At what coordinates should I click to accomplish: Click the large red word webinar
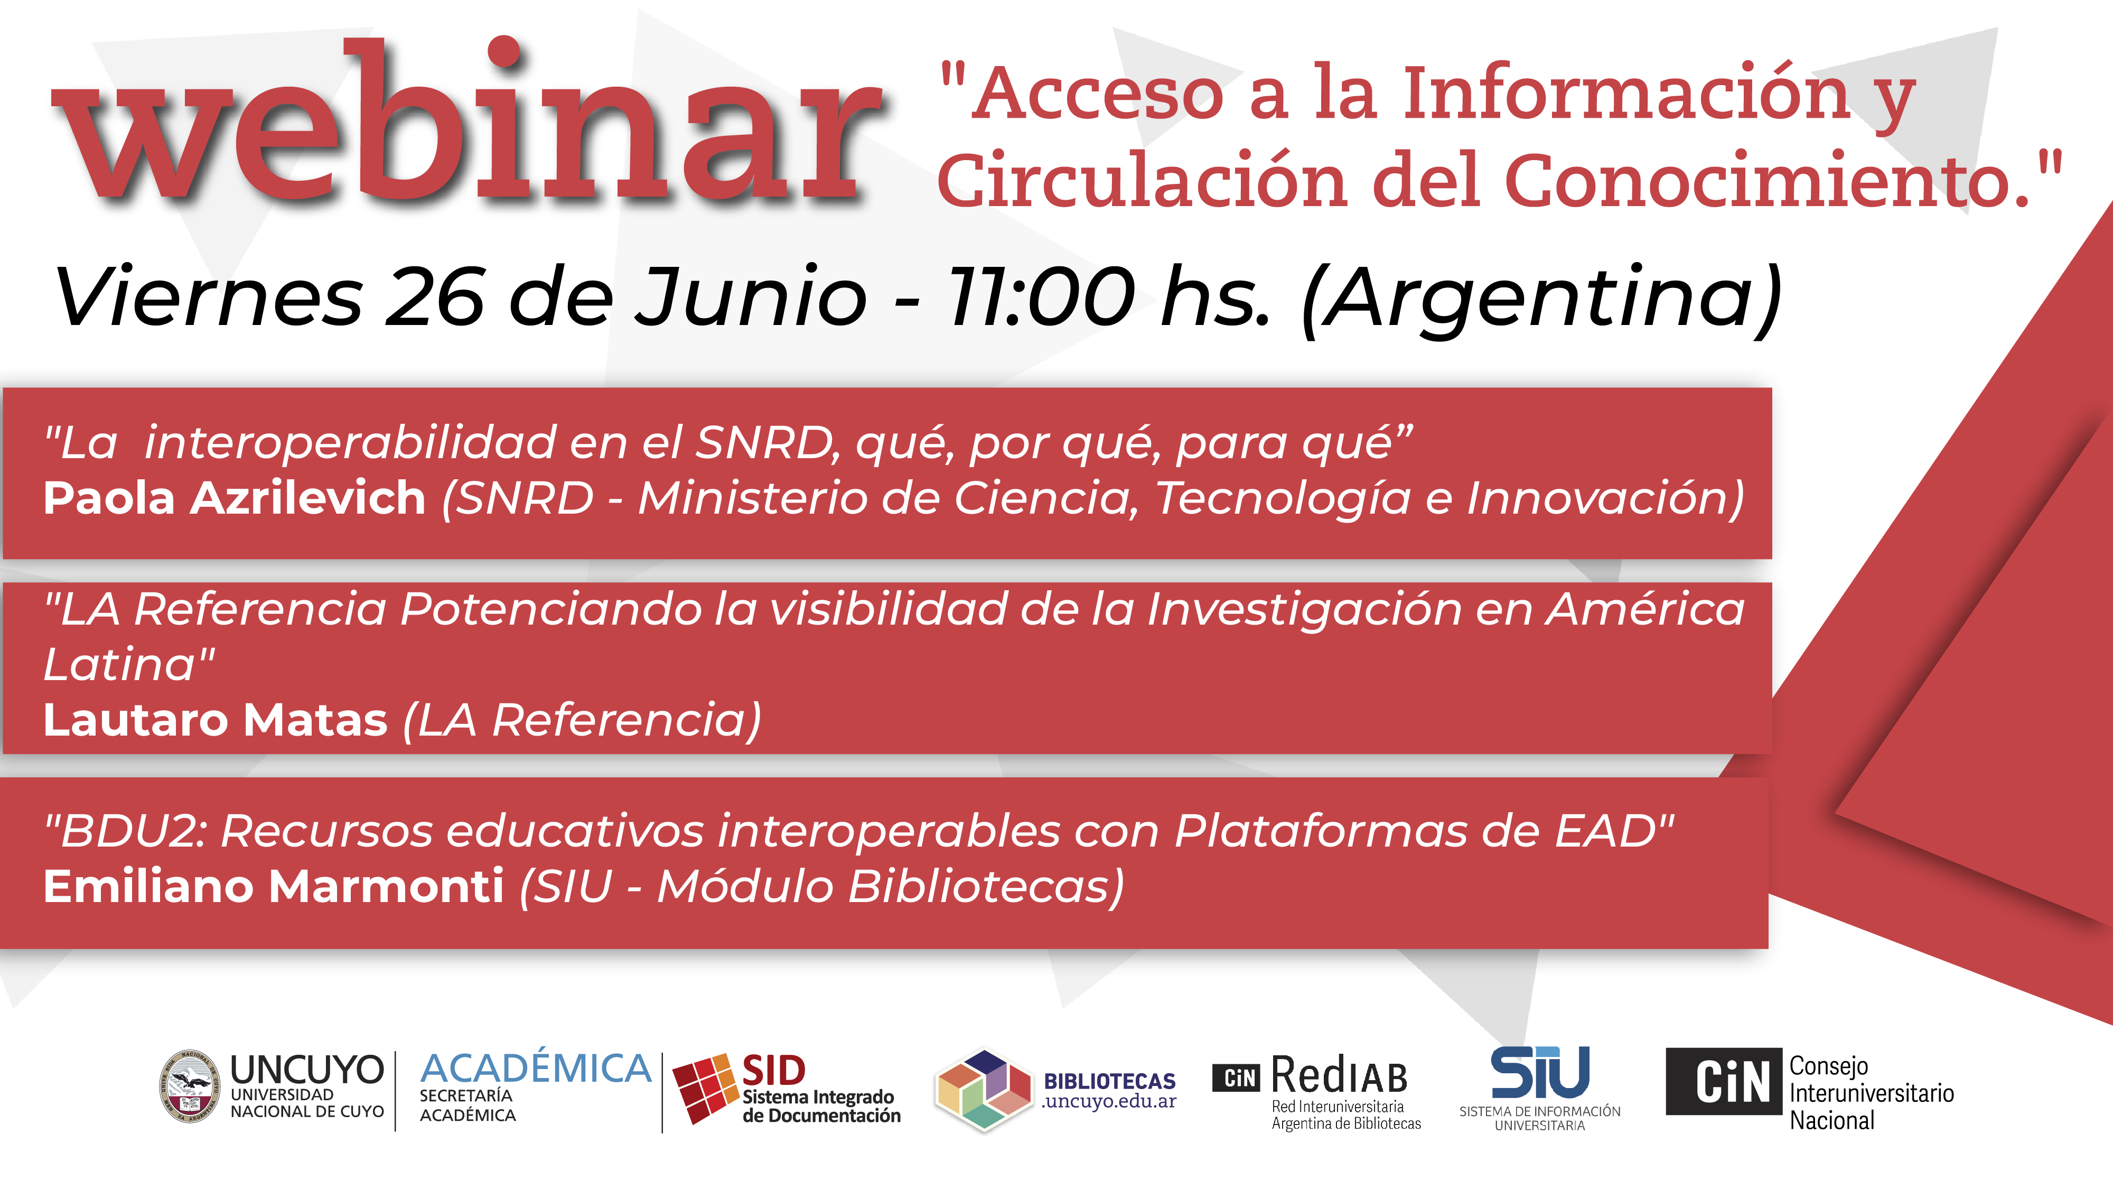pos(468,122)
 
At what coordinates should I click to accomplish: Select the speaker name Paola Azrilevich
pos(235,498)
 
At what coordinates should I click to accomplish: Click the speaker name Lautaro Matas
pos(216,720)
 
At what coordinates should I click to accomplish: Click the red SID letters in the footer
pos(773,1071)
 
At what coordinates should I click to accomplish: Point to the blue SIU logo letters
pos(1540,1072)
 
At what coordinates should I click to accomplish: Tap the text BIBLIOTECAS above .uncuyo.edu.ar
pos(1109,1081)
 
